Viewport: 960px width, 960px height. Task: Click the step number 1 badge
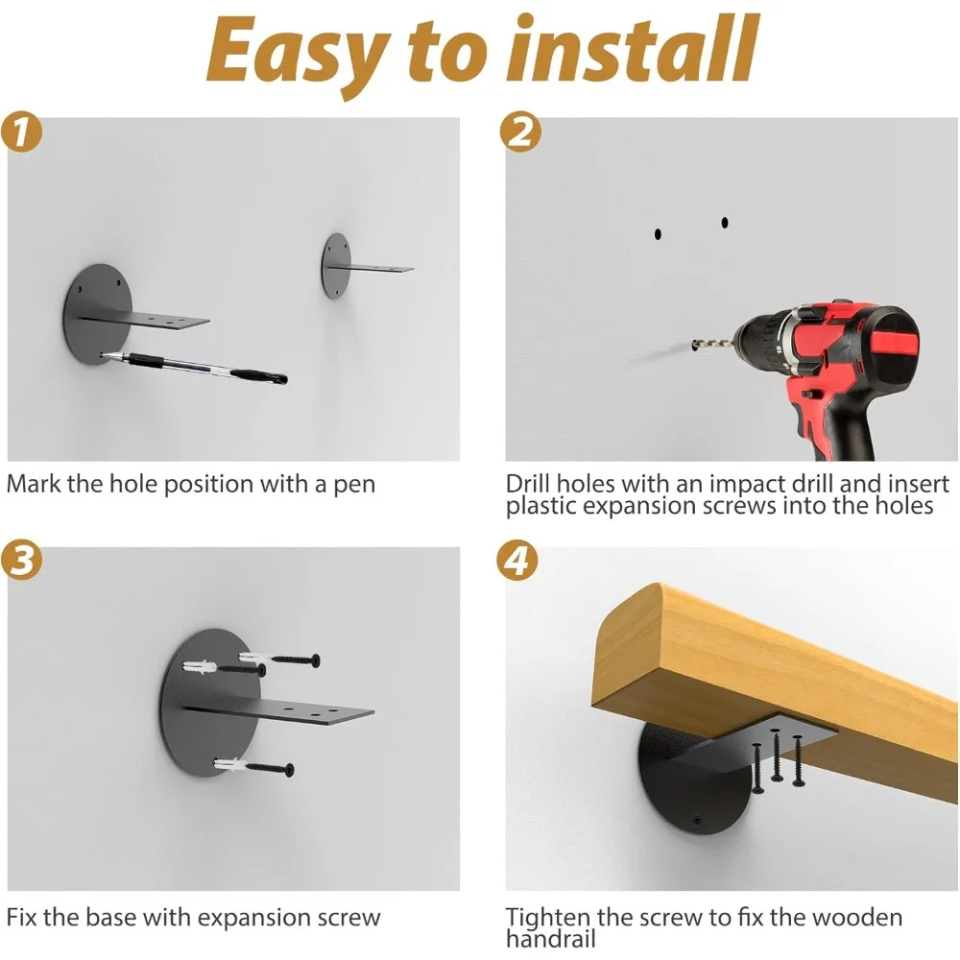[21, 132]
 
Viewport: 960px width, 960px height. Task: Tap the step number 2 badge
[520, 132]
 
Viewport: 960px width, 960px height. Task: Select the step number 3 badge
[21, 560]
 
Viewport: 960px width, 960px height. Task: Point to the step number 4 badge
[517, 561]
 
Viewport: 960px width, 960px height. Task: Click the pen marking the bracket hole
[194, 368]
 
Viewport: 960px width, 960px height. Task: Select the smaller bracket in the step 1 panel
[366, 266]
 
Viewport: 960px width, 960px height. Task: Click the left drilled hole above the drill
[658, 234]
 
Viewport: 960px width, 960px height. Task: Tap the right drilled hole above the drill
[725, 223]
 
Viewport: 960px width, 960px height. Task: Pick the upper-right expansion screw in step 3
[279, 659]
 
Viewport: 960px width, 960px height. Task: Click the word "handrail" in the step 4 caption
[550, 939]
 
